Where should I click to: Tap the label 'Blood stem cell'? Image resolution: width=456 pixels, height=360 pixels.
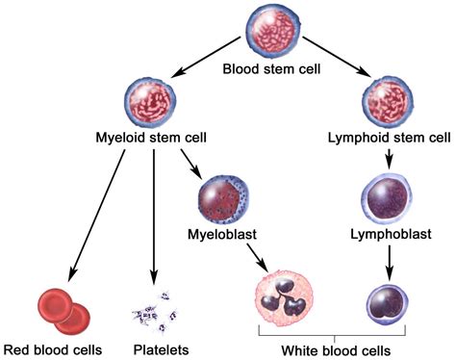click(272, 69)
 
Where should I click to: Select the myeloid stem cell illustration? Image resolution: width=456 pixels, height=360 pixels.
click(151, 103)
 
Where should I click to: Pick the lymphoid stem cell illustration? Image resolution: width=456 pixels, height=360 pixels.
click(389, 100)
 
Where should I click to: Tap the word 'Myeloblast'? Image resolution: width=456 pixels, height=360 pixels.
click(223, 235)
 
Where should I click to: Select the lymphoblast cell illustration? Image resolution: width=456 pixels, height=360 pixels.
click(390, 194)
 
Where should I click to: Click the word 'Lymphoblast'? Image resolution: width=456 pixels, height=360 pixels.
click(390, 234)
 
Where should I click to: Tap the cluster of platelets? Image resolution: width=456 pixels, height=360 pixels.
click(154, 309)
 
